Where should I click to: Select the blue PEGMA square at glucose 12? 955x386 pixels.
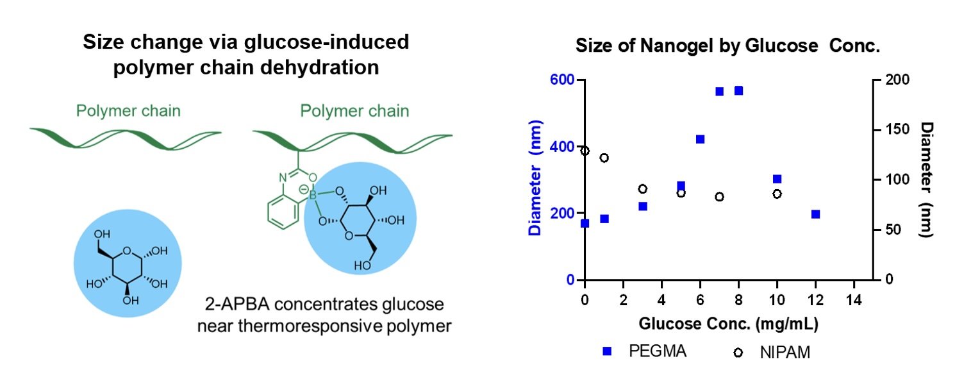coord(815,214)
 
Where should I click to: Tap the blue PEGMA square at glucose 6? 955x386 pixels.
coord(700,139)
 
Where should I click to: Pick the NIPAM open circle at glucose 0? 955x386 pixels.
coord(585,151)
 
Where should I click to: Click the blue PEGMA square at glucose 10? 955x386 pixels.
coord(777,179)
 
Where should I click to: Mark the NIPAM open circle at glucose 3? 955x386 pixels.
coord(642,189)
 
